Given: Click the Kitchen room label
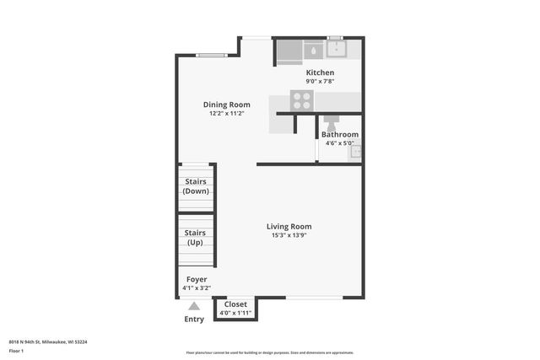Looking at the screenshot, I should point(319,73).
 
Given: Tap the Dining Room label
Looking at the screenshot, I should point(227,105).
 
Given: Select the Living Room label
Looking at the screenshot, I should point(289,226).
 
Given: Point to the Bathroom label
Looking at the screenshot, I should point(339,134).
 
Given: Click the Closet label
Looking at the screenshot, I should point(235,304).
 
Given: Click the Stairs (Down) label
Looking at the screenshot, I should point(195,185).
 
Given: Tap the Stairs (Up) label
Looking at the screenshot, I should point(195,237).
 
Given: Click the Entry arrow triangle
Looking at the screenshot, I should point(194,307).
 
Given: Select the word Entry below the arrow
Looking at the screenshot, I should point(194,320).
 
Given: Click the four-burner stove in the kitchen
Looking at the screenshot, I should point(301,101).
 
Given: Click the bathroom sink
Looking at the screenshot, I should point(356,152).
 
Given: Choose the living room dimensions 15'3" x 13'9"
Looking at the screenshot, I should point(289,235).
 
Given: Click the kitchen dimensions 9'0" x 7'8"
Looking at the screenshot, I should point(319,81).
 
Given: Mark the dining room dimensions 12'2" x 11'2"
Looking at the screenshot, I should point(227,114).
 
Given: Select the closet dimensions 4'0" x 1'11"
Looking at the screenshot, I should point(235,313).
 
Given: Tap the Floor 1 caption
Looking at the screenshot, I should point(15,350).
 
